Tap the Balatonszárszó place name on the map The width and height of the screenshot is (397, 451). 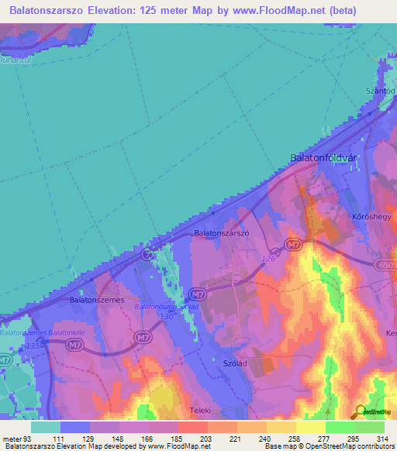pyautogui.click(x=221, y=232)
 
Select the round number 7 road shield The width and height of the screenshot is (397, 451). pyautogui.click(x=147, y=254)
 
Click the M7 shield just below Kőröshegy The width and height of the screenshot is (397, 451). pyautogui.click(x=292, y=245)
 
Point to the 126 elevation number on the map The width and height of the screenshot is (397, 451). pyautogui.click(x=268, y=259)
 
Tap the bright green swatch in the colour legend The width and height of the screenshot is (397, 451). pyautogui.click(x=340, y=427)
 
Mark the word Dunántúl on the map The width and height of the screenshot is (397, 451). pyautogui.click(x=18, y=60)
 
